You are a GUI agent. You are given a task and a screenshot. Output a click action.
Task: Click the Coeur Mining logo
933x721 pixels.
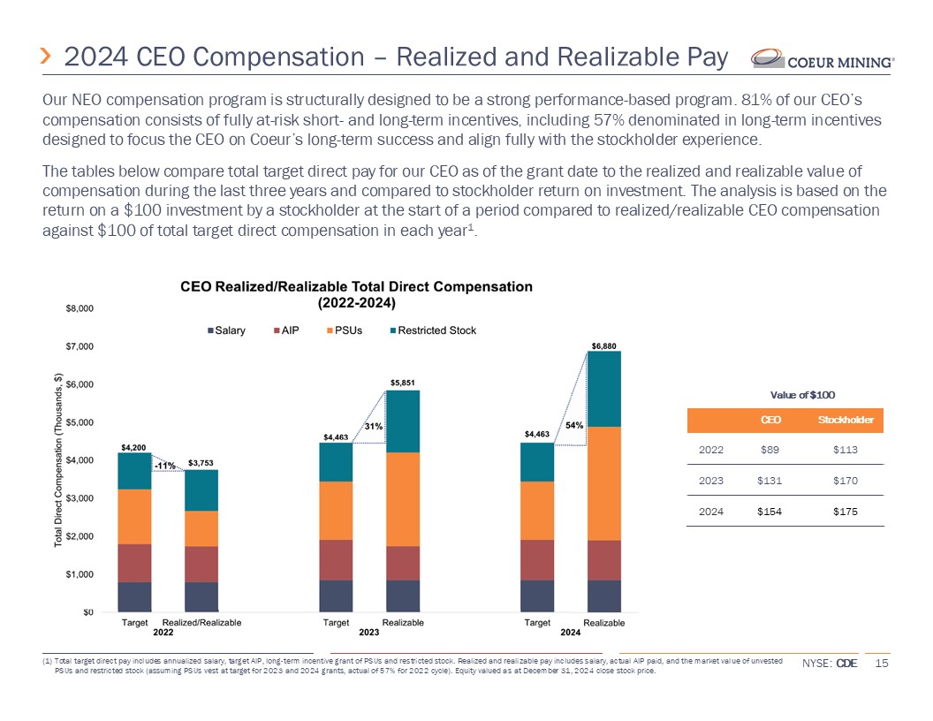[823, 59]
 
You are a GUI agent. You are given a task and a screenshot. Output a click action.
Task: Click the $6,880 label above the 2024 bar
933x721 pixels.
[604, 345]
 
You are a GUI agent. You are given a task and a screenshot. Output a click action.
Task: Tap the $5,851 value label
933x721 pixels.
[403, 383]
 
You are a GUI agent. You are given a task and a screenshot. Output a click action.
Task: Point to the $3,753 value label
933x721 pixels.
[201, 462]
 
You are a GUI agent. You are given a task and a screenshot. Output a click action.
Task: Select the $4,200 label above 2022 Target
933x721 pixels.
[134, 446]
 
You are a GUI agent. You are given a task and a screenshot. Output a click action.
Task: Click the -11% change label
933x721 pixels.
[164, 466]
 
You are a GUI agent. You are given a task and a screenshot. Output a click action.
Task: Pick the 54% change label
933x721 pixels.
[574, 425]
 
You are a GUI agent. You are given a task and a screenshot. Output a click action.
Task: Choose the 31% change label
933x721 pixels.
[373, 426]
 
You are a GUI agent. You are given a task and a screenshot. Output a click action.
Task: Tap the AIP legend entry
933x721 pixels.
[286, 330]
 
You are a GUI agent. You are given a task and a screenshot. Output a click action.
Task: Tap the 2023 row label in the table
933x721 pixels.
[711, 481]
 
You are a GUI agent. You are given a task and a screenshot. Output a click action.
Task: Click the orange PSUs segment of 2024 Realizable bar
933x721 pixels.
[604, 483]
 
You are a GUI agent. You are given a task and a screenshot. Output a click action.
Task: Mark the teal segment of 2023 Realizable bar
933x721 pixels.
[403, 421]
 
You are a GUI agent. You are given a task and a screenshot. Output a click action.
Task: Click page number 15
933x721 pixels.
[880, 664]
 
